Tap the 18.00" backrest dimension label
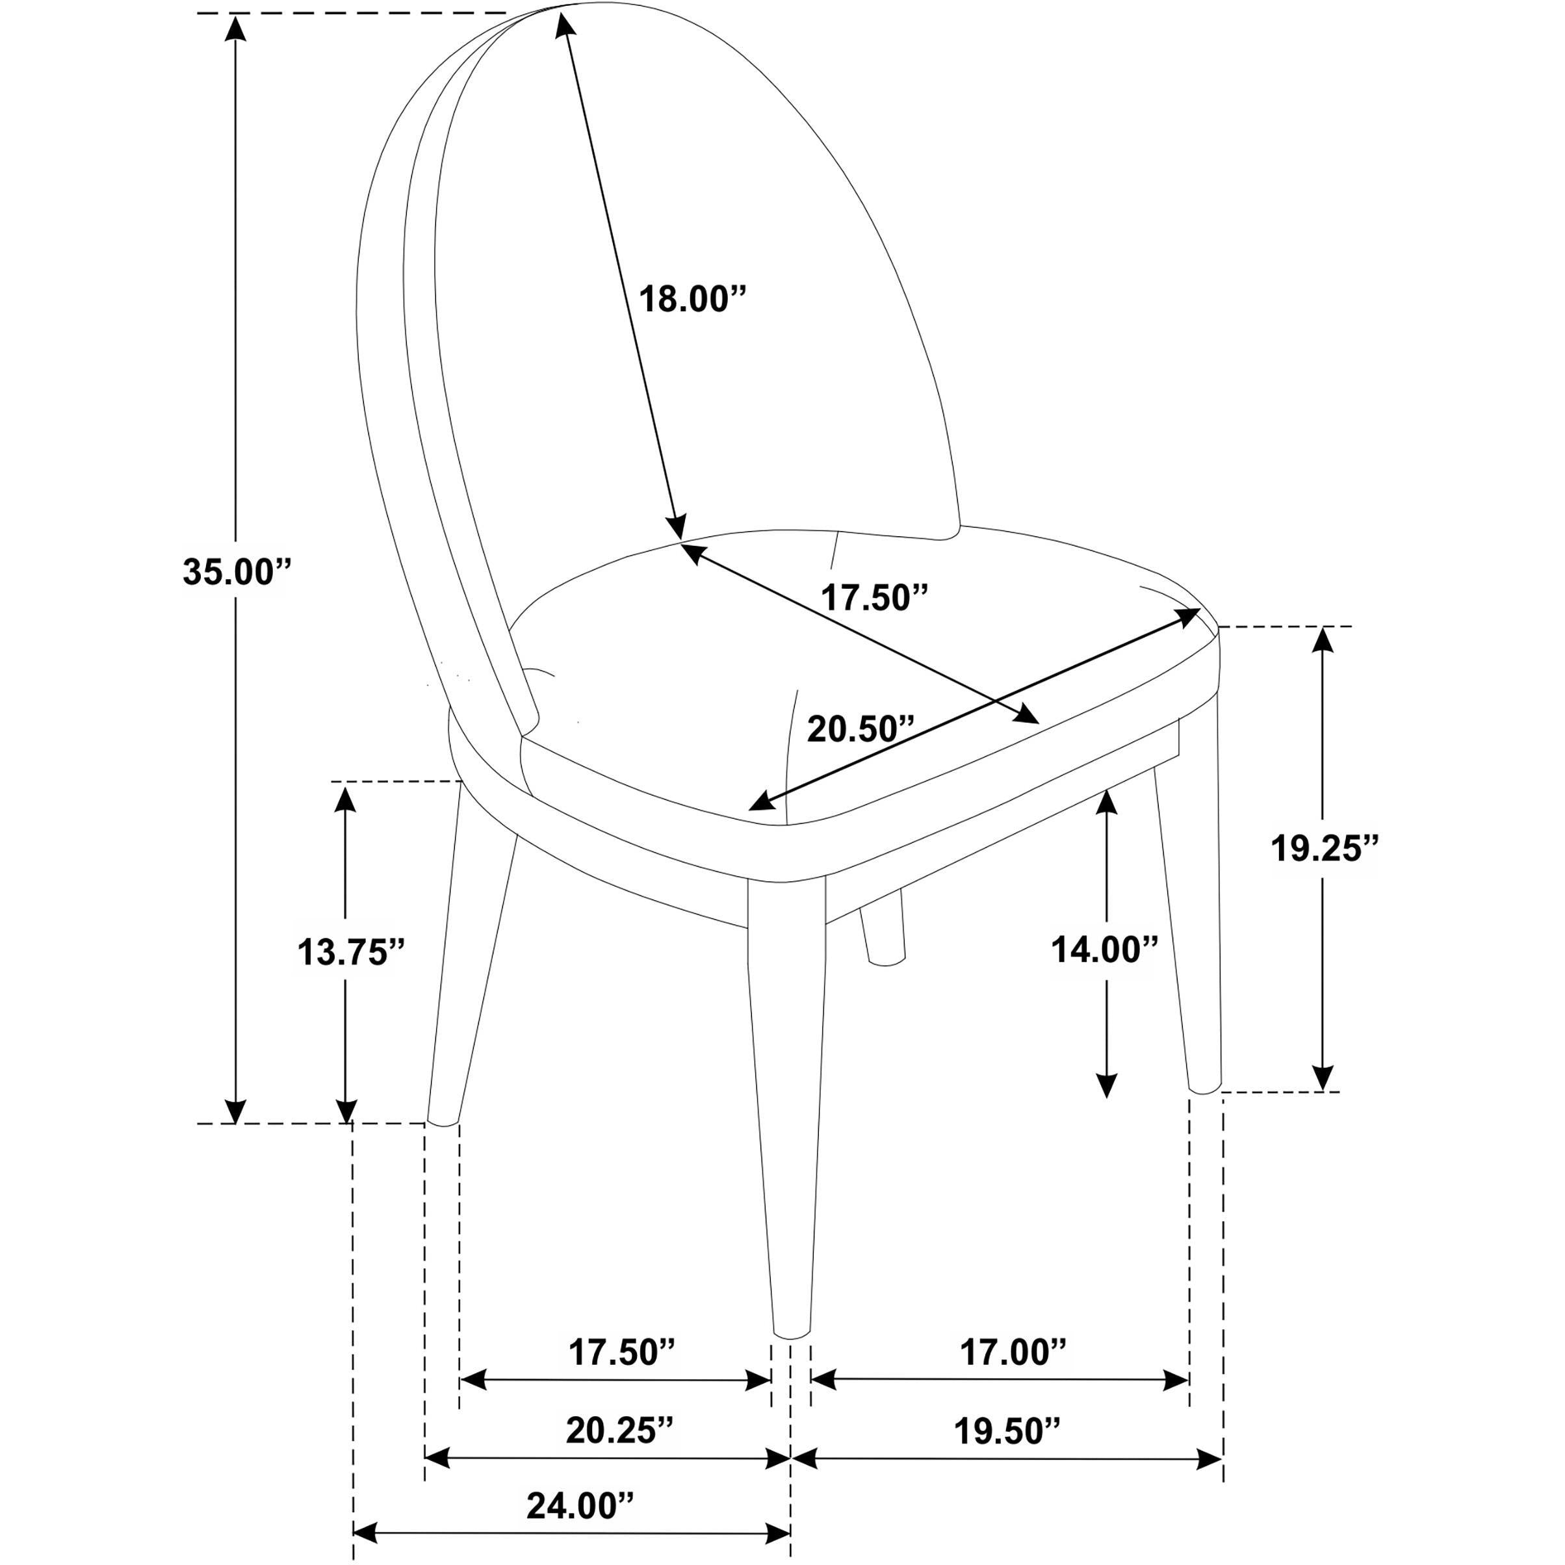tap(692, 299)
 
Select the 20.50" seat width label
tap(860, 729)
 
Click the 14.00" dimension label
tap(1105, 950)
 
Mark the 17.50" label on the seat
tap(875, 597)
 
